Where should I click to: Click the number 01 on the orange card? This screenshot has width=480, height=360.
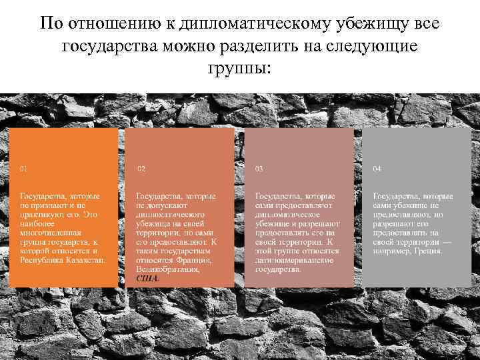click(x=24, y=169)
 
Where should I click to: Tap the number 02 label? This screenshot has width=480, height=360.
click(x=141, y=169)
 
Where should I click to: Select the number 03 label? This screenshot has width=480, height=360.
click(x=259, y=169)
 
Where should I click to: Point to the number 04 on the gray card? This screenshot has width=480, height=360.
click(x=377, y=169)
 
